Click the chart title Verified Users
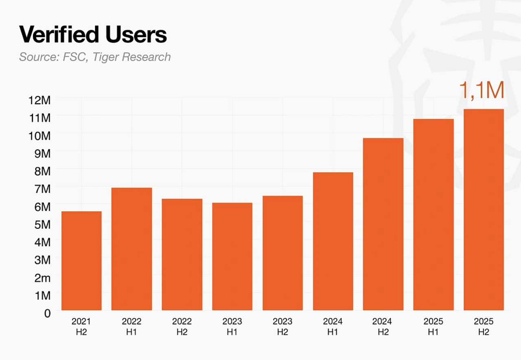[93, 35]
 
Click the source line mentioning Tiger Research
[95, 57]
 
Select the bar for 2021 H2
[81, 261]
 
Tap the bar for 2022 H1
[131, 249]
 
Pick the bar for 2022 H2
[182, 255]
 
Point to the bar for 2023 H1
[232, 257]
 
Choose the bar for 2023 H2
[282, 253]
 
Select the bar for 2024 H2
[383, 224]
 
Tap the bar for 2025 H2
[484, 210]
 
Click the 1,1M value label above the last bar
[482, 90]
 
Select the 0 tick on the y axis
[47, 314]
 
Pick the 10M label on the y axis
[40, 135]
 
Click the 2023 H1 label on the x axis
[232, 327]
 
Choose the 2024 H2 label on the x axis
[383, 327]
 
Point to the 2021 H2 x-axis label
[81, 327]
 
